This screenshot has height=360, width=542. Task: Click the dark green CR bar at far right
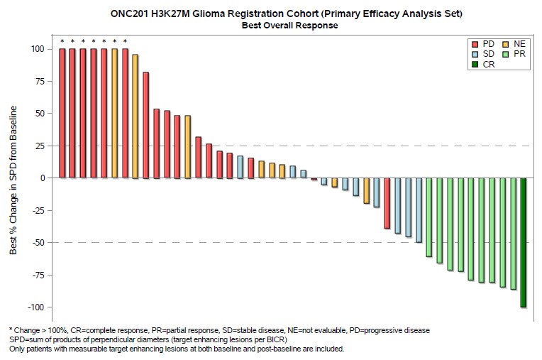[524, 242]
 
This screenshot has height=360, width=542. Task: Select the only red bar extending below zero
[387, 203]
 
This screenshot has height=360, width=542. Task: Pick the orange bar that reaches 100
[114, 113]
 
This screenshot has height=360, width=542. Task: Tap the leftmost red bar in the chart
[62, 113]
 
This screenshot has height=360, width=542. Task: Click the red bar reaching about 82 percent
[146, 125]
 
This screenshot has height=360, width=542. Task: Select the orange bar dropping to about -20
[366, 190]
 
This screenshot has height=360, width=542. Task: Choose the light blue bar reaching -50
[419, 209]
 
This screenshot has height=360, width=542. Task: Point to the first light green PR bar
[429, 217]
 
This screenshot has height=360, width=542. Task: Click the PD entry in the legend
[484, 44]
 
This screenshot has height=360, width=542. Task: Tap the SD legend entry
[484, 54]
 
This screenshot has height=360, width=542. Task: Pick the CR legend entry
[484, 64]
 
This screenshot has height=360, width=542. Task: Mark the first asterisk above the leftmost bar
[62, 41]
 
